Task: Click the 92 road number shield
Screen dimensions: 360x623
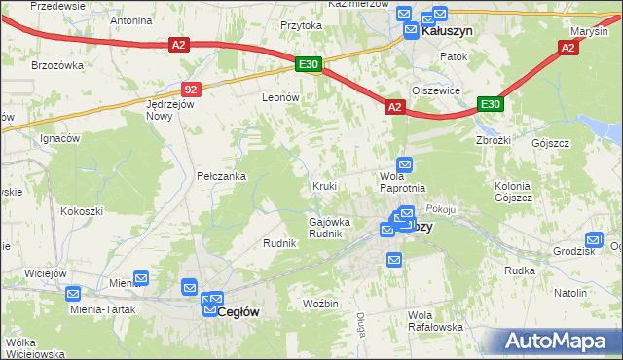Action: coord(190,90)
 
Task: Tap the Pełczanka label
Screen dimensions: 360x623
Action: coord(221,176)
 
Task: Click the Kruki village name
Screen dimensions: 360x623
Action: coord(325,185)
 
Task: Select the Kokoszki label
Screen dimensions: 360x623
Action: coord(82,210)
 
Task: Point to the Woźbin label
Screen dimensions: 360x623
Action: coord(320,305)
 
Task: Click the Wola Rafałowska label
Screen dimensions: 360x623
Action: coord(435,321)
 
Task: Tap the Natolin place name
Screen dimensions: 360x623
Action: coord(570,292)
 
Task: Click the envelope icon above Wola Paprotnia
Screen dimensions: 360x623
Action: coord(404,165)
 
